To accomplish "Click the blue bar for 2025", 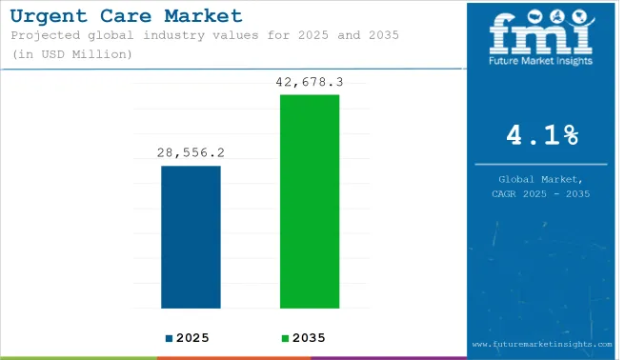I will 191,237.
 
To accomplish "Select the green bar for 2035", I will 310,201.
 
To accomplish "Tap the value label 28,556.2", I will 191,152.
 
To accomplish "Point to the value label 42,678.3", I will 310,82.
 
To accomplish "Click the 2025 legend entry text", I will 192,338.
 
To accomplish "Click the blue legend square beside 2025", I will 169,338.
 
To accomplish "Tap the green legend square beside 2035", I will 283,338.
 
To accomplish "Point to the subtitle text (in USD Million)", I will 71,54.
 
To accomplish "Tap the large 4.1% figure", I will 543,136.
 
